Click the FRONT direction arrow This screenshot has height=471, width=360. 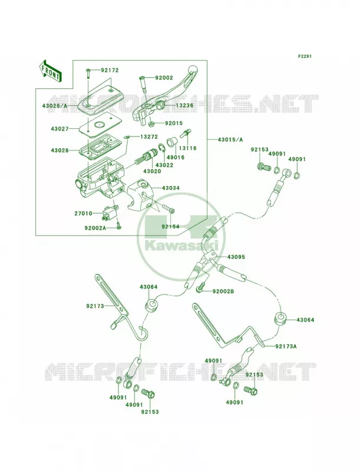[49, 71]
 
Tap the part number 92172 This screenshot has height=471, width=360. [110, 70]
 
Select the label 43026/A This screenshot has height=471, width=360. [55, 106]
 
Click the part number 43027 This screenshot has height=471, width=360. [60, 128]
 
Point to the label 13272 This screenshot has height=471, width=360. [148, 137]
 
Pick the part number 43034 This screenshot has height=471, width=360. [171, 188]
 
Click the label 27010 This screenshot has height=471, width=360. [84, 214]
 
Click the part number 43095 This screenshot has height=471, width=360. [236, 257]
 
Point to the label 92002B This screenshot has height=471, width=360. [223, 291]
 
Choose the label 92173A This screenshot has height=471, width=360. [286, 346]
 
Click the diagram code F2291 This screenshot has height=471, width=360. [305, 56]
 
